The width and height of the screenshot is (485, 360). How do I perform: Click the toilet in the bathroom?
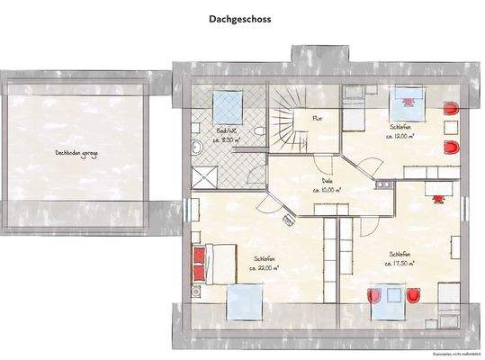pos(258,133)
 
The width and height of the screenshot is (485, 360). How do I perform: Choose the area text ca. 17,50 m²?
pos(399,264)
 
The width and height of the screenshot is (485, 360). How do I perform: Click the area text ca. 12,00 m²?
pos(400,136)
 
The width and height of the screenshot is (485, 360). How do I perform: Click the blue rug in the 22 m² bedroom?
pos(244,303)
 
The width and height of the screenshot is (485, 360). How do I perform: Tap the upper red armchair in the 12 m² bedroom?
pos(451,109)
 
